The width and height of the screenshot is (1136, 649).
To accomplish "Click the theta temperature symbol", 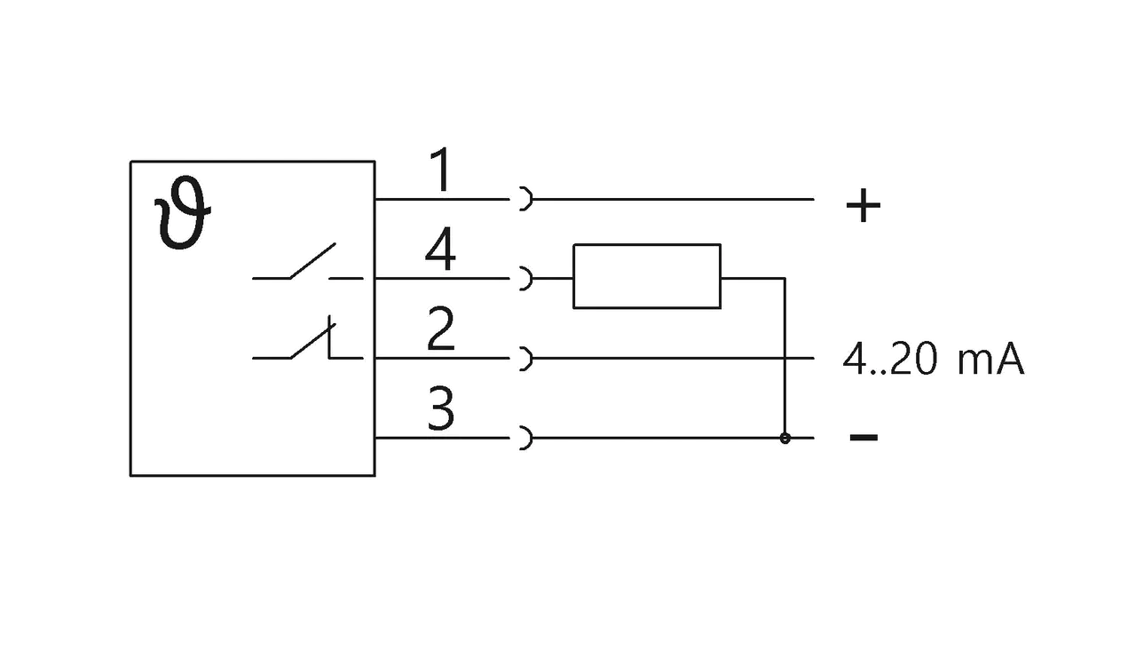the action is click(183, 213).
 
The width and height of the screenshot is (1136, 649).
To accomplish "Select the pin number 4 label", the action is click(440, 249).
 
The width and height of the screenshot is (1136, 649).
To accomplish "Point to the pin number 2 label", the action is click(440, 328).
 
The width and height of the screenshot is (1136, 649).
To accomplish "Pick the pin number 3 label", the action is click(440, 408).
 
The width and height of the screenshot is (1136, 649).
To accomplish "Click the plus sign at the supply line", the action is click(864, 205).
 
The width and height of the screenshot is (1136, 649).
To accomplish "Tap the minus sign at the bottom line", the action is click(864, 437).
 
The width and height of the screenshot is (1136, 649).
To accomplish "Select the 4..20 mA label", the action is click(933, 360).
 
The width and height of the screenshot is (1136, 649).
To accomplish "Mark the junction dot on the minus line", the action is click(785, 438).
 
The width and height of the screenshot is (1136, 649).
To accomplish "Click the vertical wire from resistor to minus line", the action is click(785, 358).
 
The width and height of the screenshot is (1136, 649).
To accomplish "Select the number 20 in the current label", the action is click(914, 360).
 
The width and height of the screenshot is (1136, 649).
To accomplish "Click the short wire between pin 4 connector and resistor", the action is click(553, 279).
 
